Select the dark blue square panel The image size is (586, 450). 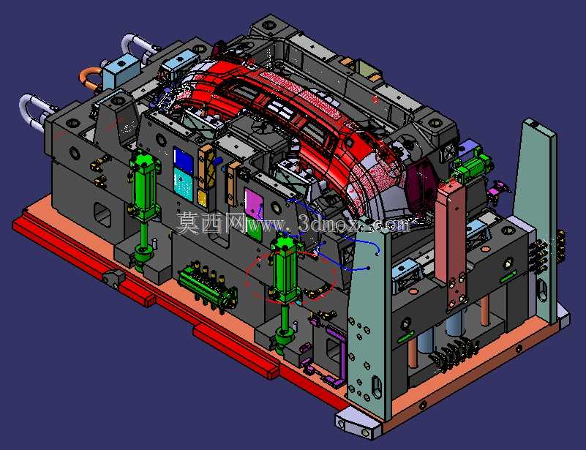pyautogui.click(x=184, y=160)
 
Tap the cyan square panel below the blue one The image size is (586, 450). pyautogui.click(x=184, y=183)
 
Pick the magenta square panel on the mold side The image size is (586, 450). pyautogui.click(x=254, y=203)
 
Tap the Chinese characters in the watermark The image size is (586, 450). pyautogui.click(x=210, y=222)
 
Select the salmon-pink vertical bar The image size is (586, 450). pyautogui.click(x=452, y=244)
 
